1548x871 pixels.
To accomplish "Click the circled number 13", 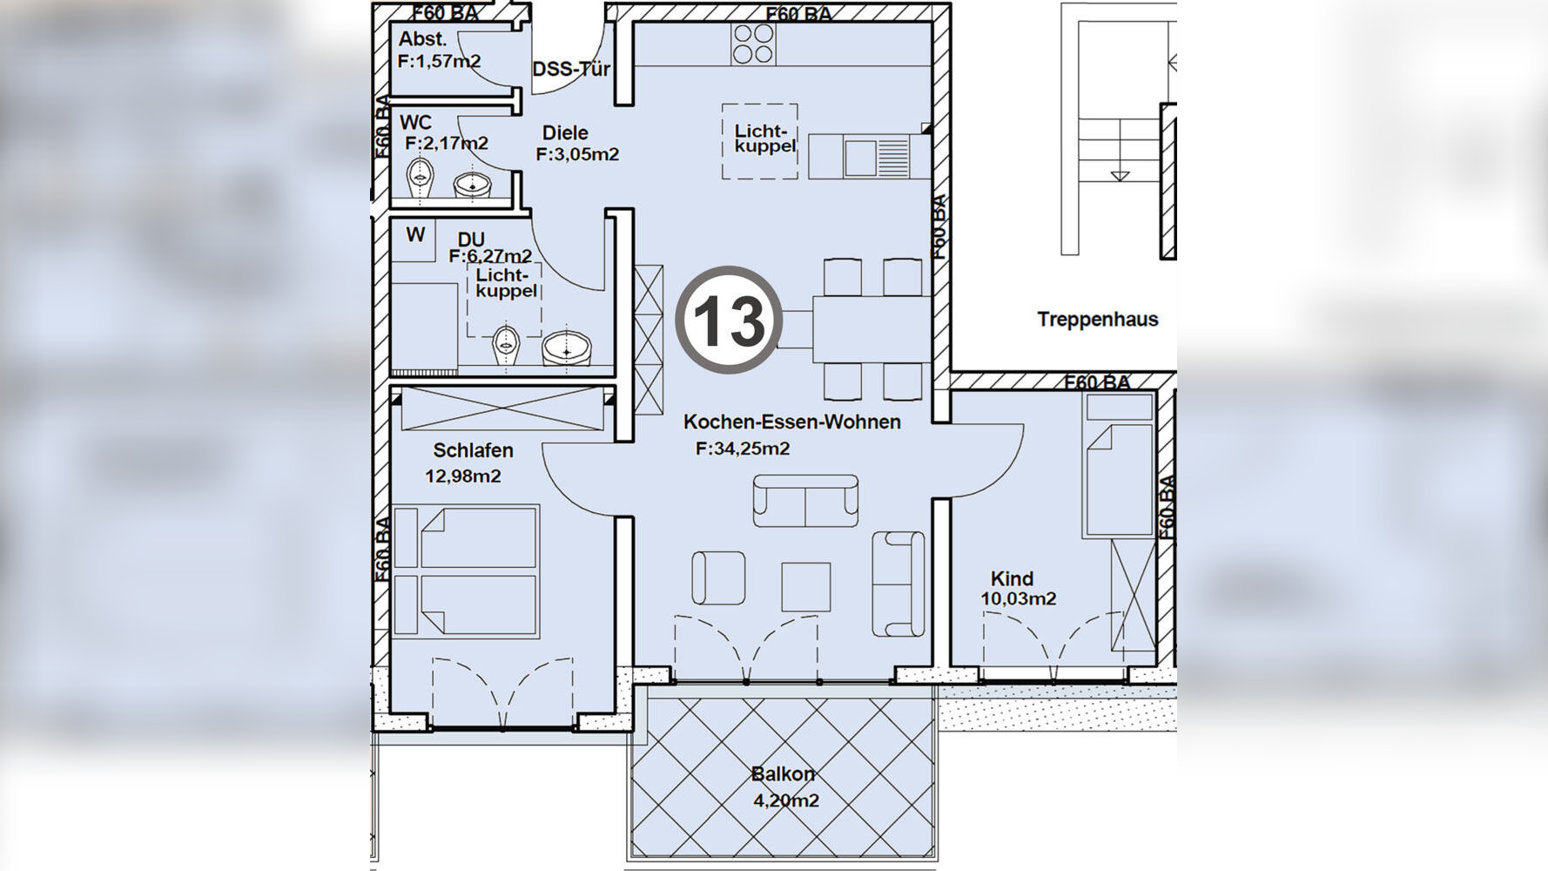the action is [729, 320].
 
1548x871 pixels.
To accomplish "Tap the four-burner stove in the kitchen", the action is [753, 44].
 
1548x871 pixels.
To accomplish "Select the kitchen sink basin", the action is [858, 157].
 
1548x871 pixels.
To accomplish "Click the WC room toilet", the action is [422, 177].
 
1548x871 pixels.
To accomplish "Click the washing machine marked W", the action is [414, 242].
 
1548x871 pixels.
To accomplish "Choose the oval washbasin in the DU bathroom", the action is [567, 348].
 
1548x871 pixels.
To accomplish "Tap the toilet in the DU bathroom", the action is [506, 346].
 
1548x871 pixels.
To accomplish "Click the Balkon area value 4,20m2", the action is [785, 800].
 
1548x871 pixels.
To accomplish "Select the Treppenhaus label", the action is [1098, 319].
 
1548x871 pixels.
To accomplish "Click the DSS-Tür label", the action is [571, 69].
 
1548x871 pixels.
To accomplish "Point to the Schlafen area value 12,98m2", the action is [463, 476].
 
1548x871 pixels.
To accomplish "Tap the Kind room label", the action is [1012, 578].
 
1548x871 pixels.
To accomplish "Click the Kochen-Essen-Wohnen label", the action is [792, 422].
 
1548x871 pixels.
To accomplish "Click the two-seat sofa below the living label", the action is [805, 501].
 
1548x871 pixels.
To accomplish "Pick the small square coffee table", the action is [805, 586].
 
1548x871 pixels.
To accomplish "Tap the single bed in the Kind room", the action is [1119, 465].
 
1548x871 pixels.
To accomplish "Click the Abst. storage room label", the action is [422, 39].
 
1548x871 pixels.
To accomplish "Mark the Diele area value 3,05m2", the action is [577, 154].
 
